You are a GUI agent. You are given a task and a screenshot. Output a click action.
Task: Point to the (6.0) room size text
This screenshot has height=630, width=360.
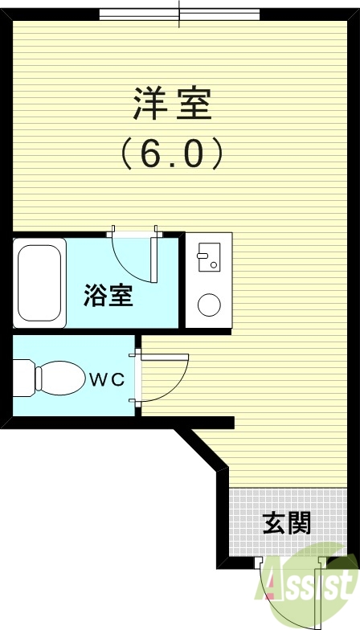[171, 153]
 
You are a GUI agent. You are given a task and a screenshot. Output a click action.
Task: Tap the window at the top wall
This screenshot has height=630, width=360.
[179, 14]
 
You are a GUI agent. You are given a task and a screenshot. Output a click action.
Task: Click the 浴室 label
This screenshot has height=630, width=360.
[108, 297]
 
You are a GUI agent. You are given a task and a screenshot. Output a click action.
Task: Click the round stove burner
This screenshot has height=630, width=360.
[210, 305]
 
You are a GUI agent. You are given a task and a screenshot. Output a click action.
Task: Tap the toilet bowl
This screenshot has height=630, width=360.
[61, 377]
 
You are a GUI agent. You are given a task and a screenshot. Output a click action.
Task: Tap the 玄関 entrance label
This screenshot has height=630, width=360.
[286, 524]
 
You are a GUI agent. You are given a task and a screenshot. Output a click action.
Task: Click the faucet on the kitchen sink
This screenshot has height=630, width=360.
[202, 256]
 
